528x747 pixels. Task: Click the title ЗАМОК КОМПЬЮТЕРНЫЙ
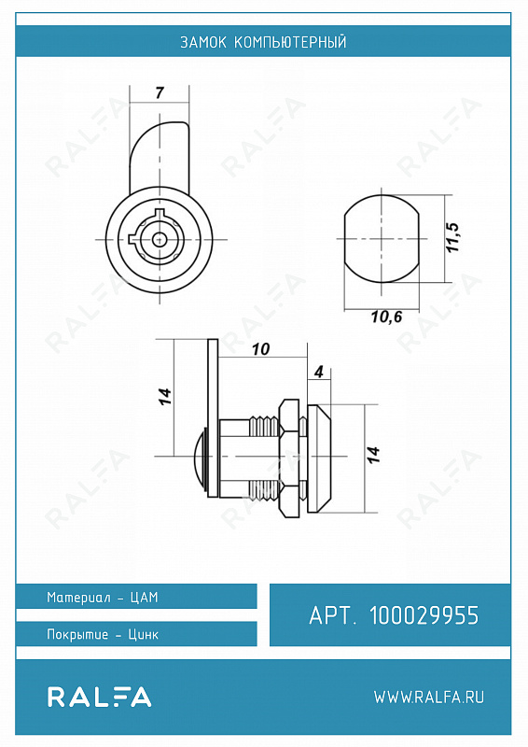(263, 42)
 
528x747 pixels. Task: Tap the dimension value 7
(160, 92)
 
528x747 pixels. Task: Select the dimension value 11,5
(453, 237)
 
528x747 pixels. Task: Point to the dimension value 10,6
(386, 317)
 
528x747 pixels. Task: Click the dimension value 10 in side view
(260, 349)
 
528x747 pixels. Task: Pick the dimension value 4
(319, 372)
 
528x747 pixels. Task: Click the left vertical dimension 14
(164, 396)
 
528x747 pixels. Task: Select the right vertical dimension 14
(373, 455)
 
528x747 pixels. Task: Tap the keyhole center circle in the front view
(159, 239)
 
